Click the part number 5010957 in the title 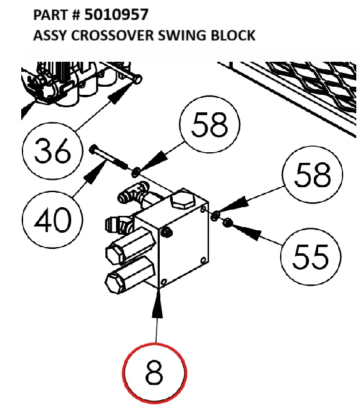click(x=117, y=14)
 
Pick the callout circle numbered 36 click(x=52, y=150)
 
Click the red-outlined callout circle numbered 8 click(x=155, y=374)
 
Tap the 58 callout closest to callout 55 click(x=313, y=176)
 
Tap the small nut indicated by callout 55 click(x=228, y=222)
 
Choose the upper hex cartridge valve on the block click(x=125, y=248)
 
